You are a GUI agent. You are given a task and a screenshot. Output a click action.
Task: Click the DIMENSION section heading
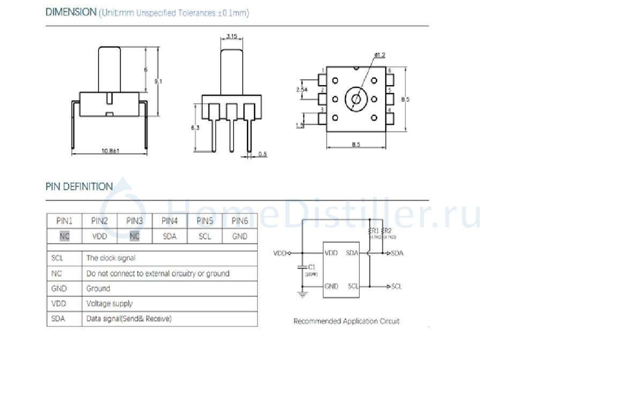click(x=70, y=12)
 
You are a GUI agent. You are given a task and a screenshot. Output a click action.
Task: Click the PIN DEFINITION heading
click(x=79, y=187)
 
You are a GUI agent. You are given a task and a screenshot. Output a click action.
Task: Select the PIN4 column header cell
click(x=169, y=221)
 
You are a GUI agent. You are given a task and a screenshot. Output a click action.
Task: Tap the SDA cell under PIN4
click(x=169, y=236)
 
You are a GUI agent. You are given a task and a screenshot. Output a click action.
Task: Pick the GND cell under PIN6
click(x=239, y=236)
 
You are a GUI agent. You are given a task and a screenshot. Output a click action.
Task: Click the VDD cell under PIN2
click(x=100, y=236)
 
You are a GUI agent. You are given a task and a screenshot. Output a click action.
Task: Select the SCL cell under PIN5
click(x=205, y=236)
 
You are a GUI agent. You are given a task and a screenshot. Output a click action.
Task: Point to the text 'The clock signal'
click(x=111, y=258)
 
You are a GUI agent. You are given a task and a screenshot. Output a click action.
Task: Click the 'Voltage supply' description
click(x=109, y=304)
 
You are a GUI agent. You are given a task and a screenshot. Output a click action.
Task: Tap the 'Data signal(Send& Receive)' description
click(x=129, y=319)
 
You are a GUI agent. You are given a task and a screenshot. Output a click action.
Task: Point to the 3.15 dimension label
click(x=232, y=36)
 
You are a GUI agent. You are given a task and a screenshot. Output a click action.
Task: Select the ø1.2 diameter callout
click(x=380, y=55)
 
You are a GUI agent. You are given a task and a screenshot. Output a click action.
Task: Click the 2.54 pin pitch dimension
click(x=302, y=89)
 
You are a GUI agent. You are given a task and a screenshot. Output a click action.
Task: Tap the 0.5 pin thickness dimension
click(x=263, y=155)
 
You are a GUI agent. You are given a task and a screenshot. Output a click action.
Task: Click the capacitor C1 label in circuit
click(x=311, y=266)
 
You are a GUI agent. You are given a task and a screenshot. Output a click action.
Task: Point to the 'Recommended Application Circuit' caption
click(x=346, y=321)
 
